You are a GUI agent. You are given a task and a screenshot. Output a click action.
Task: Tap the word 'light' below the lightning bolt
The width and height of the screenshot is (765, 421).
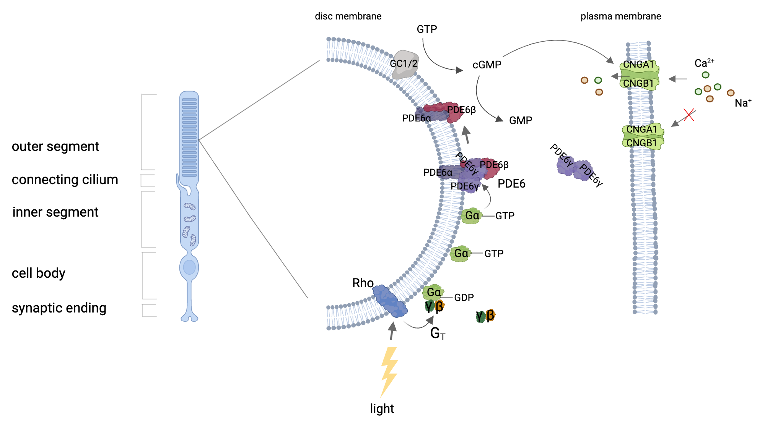click(382, 408)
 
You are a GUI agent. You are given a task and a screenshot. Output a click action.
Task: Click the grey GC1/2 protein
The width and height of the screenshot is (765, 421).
click(404, 64)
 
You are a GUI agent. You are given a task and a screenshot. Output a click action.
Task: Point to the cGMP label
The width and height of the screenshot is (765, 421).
click(487, 65)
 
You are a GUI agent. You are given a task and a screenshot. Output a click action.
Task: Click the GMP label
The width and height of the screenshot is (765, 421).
click(520, 121)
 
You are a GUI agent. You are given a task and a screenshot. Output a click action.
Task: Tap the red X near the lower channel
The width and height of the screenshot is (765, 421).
click(689, 115)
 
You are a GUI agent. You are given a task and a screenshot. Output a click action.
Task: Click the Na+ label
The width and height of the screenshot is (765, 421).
click(742, 103)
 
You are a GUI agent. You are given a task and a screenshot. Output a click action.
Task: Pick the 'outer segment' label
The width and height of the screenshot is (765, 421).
click(55, 146)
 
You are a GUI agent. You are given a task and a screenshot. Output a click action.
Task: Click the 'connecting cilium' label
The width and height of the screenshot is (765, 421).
click(65, 180)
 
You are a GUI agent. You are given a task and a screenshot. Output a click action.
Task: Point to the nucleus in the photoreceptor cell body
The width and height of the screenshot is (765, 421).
click(189, 267)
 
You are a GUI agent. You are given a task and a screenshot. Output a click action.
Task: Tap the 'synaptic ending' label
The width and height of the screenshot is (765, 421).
click(59, 308)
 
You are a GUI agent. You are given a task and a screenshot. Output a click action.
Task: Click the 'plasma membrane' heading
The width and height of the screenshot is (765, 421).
click(620, 16)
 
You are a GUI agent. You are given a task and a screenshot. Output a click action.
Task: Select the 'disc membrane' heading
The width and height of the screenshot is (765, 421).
click(348, 16)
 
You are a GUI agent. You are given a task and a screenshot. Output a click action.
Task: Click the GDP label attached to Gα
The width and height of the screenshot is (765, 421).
click(464, 298)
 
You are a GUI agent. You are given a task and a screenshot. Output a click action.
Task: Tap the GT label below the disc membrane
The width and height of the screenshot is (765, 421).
click(437, 334)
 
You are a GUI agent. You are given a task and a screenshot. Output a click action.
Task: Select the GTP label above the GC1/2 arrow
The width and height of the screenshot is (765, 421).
click(426, 29)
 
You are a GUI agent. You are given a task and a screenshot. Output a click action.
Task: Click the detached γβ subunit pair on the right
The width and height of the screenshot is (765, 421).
click(485, 316)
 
